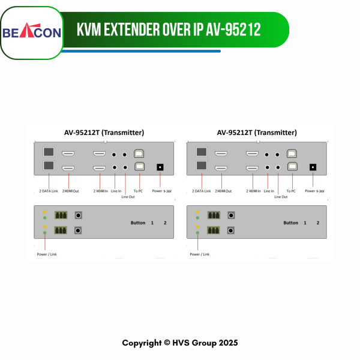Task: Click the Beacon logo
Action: pyautogui.click(x=32, y=31)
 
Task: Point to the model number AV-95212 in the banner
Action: pyautogui.click(x=233, y=29)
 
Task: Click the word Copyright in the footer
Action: pyautogui.click(x=142, y=343)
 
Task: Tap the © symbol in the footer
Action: pyautogui.click(x=167, y=343)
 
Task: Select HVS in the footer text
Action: pyautogui.click(x=181, y=343)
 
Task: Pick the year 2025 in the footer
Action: pyautogui.click(x=228, y=343)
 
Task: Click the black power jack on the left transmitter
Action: pyautogui.click(x=160, y=167)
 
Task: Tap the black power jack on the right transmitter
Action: pyautogui.click(x=313, y=167)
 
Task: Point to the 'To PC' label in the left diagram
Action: pyautogui.click(x=138, y=191)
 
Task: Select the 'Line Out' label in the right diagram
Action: pyautogui.click(x=281, y=197)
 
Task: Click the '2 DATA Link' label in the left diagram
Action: pyautogui.click(x=49, y=191)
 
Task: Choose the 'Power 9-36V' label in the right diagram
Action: pyautogui.click(x=314, y=191)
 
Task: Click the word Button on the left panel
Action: pyautogui.click(x=138, y=223)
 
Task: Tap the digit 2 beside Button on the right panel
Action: pyautogui.click(x=318, y=223)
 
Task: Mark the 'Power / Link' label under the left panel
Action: pyautogui.click(x=47, y=254)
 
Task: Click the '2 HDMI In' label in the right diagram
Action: pyautogui.click(x=253, y=191)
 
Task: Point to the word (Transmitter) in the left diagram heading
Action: pyautogui.click(x=123, y=133)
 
